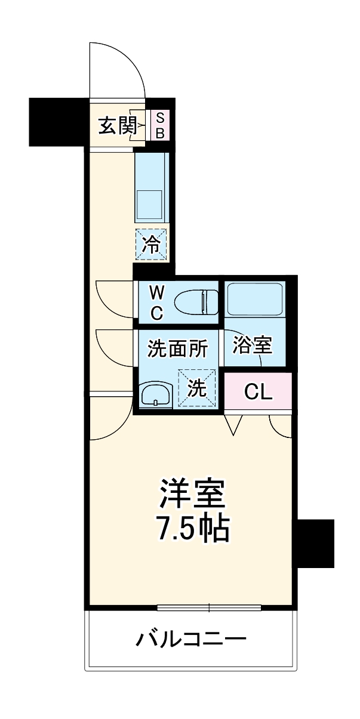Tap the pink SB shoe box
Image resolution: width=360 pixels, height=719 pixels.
click(x=159, y=125)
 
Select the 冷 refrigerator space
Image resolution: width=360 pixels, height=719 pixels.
click(x=152, y=244)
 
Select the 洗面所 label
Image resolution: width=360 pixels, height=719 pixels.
click(x=177, y=348)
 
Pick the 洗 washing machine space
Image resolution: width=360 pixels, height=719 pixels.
click(x=197, y=388)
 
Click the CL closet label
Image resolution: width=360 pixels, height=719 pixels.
click(x=259, y=392)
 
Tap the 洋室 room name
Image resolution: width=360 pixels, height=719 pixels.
click(x=192, y=493)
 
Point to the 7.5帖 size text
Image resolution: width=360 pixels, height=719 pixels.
click(x=192, y=527)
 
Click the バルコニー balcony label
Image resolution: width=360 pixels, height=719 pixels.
click(x=191, y=641)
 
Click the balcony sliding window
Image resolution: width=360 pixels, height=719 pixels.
click(x=209, y=608)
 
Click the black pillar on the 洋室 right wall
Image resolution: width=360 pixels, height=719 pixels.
click(x=315, y=543)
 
